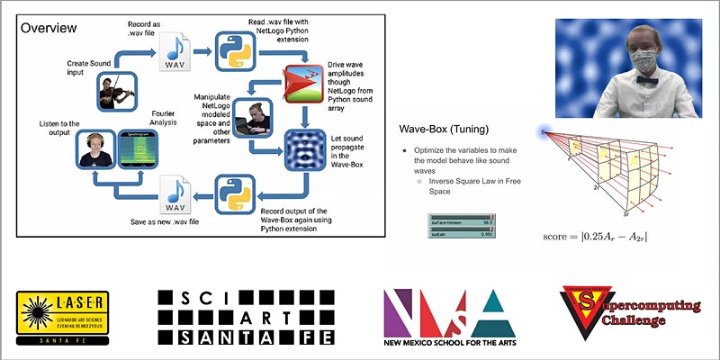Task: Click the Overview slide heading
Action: [49, 28]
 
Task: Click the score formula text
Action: [595, 238]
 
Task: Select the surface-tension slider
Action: [459, 220]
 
